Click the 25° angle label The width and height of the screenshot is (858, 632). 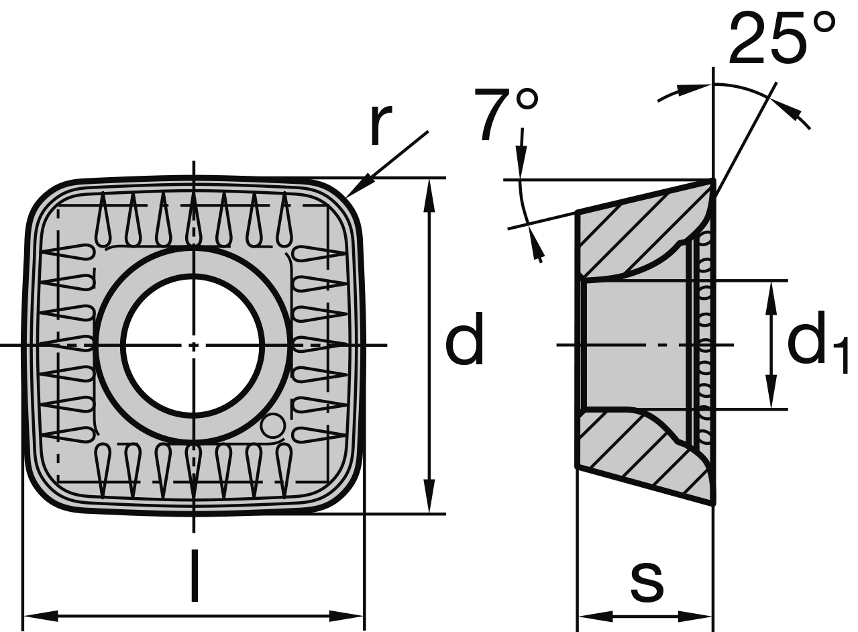[782, 38]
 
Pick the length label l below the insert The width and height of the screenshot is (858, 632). [194, 575]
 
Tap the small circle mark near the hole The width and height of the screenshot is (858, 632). [272, 426]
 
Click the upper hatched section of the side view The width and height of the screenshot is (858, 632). [624, 235]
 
